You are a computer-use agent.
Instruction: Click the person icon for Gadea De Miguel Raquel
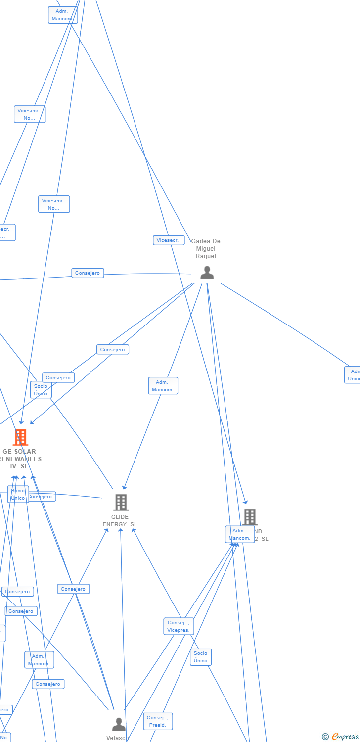207,273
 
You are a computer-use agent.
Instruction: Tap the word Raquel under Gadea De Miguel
206,256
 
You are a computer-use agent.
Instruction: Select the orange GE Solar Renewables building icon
20,437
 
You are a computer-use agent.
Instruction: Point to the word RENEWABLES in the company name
21,459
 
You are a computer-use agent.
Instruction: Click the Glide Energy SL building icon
121,502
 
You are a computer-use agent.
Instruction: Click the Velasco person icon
119,724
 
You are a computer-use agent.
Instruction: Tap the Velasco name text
118,738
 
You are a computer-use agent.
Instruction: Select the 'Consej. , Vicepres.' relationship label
179,626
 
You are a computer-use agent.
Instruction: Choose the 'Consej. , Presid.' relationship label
158,721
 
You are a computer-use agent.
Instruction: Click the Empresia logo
345,737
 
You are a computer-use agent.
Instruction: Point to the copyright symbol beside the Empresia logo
325,737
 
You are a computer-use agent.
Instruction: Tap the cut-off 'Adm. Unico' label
353,375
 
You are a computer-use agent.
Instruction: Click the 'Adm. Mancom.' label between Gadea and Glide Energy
163,386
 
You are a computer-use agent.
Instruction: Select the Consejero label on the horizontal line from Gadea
88,273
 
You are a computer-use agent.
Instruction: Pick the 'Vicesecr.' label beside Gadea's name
168,240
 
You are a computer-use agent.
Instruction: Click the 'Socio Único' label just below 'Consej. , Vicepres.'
200,657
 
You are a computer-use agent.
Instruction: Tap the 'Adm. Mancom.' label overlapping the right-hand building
240,534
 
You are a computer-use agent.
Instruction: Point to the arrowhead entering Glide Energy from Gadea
125,487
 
